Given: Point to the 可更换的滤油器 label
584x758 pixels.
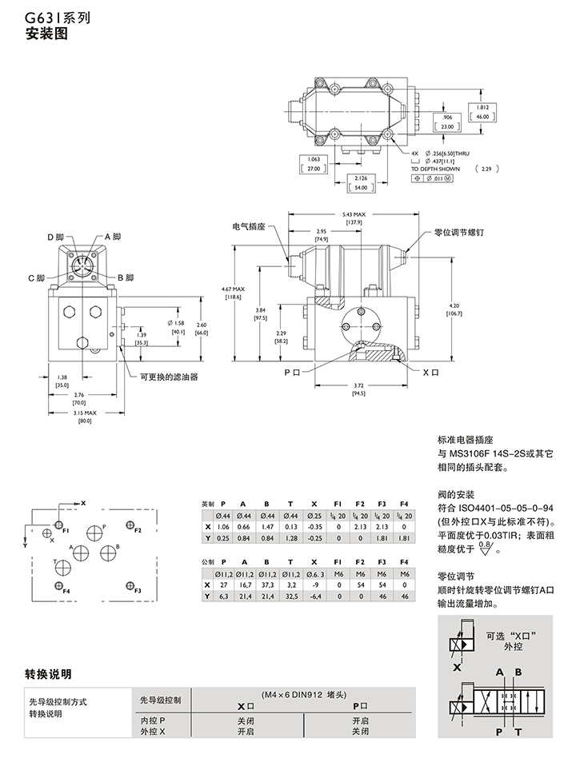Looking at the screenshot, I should pyautogui.click(x=168, y=377).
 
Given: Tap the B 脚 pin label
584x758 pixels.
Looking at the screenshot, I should pyautogui.click(x=123, y=277).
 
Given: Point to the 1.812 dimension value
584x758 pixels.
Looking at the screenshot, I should pyautogui.click(x=482, y=107).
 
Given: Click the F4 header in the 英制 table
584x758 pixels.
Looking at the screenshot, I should pyautogui.click(x=404, y=505).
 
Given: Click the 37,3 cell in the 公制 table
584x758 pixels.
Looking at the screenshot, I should pyautogui.click(x=267, y=585).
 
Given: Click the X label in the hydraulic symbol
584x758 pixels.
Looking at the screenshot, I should pyautogui.click(x=457, y=666).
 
